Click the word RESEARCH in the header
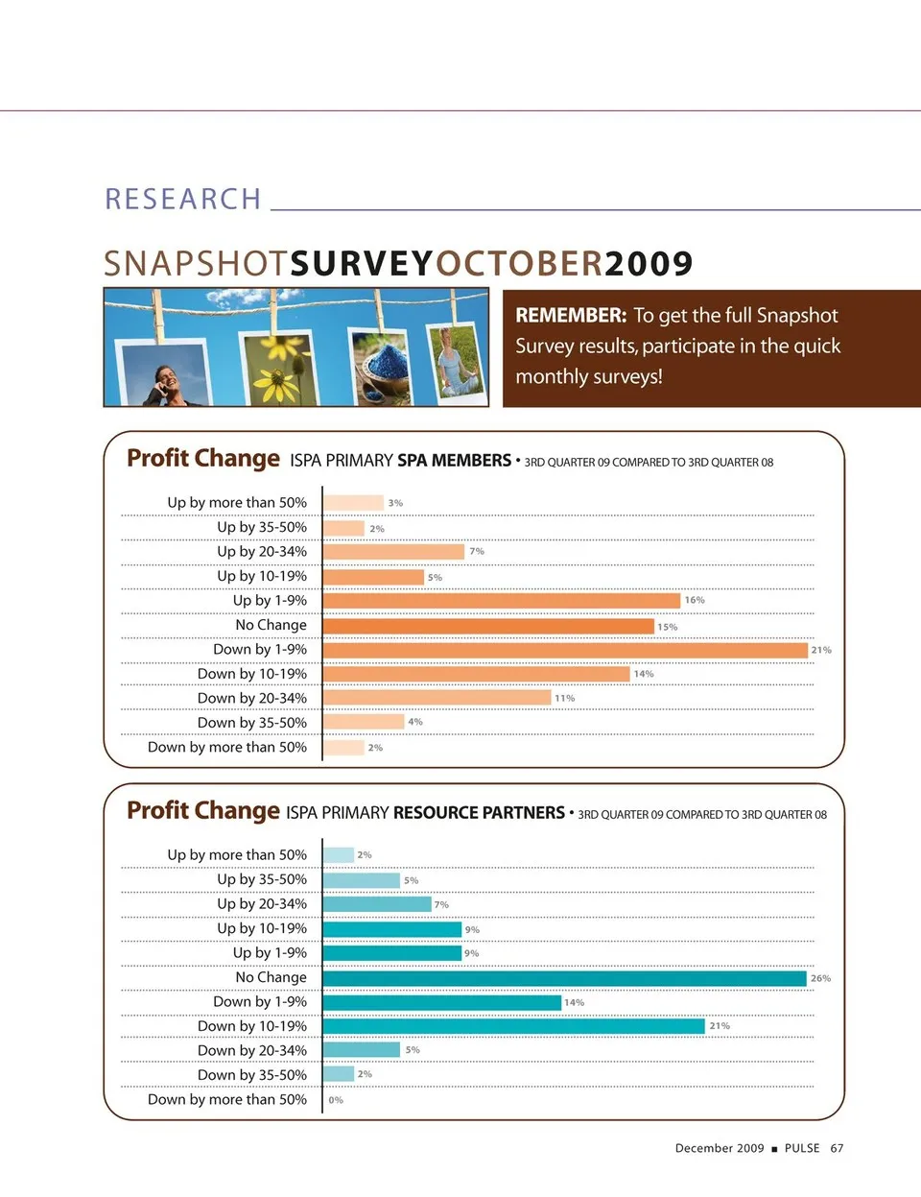click(182, 199)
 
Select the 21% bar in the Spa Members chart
click(565, 650)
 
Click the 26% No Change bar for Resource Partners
click(564, 978)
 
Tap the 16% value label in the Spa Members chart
click(695, 601)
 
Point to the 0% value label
click(336, 1100)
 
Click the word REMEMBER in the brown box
click(571, 316)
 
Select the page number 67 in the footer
click(837, 1148)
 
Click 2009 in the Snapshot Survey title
click(649, 264)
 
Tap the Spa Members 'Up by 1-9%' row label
click(270, 601)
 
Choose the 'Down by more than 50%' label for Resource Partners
click(227, 1100)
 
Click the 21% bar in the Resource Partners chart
click(513, 1026)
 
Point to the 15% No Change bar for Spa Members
click(488, 626)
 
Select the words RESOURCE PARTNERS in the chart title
click(479, 813)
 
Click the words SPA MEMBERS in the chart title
click(454, 461)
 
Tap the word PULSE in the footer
click(802, 1148)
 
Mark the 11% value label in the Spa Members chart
click(564, 698)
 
